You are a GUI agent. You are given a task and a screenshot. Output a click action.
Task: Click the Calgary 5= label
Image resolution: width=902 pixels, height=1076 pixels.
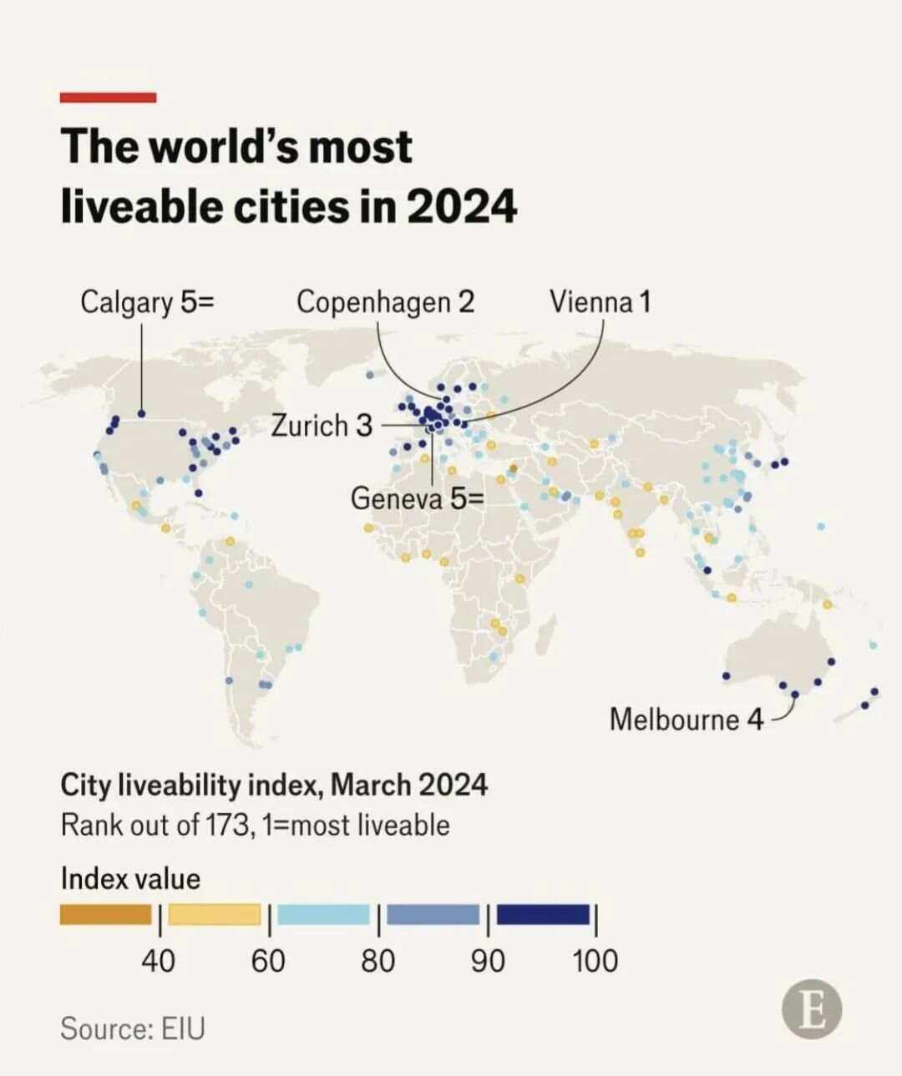point(147,301)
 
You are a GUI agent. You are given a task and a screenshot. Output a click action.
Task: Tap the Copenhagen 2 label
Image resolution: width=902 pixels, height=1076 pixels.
point(385,301)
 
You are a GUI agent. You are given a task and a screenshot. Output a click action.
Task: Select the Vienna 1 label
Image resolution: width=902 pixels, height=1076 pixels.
point(599,301)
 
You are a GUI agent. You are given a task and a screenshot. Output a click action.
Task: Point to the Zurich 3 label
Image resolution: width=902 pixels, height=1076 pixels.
point(322,425)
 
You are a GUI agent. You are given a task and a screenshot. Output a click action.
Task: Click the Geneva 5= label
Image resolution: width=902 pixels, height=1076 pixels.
point(417,498)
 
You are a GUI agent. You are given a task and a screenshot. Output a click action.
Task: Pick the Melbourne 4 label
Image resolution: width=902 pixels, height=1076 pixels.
point(686,719)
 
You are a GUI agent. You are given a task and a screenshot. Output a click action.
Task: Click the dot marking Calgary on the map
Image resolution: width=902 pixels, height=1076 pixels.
point(141,413)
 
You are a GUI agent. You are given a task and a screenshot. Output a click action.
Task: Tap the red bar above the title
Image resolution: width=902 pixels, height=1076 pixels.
point(108,98)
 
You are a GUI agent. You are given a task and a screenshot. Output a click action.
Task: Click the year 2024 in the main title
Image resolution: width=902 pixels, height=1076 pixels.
point(462,206)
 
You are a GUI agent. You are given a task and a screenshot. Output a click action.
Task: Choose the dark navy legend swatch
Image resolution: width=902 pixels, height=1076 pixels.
point(543,915)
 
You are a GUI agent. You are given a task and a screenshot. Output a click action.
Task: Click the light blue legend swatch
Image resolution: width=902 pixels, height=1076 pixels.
point(323,915)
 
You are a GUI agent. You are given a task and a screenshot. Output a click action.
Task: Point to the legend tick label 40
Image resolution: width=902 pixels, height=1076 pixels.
point(158,961)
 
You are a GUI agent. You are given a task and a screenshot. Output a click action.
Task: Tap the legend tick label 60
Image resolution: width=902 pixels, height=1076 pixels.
point(268,961)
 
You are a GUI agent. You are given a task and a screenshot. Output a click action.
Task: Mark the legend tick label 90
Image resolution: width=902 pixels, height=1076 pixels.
point(488,961)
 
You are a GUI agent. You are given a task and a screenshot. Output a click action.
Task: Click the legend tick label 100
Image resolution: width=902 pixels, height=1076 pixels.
point(595,961)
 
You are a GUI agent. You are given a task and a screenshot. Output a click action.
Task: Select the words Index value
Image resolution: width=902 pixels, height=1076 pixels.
point(130,878)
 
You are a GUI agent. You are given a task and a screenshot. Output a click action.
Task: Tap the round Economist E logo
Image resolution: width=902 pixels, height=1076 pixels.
point(811,1010)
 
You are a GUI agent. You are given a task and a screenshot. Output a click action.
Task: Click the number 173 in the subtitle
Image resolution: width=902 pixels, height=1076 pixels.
point(224,825)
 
